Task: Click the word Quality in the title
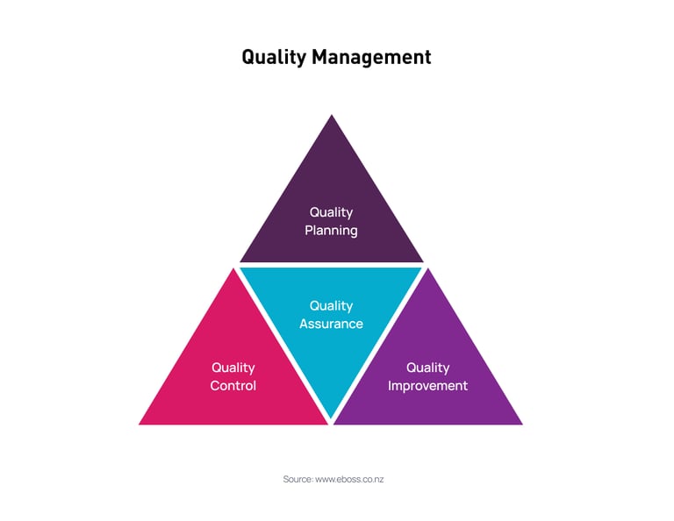273,58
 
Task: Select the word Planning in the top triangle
331,231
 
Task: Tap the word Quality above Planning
331,212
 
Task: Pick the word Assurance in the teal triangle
331,324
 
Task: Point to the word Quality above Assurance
331,305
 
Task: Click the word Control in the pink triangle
233,386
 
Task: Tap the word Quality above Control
233,368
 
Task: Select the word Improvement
428,386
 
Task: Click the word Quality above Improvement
428,368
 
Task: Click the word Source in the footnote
297,480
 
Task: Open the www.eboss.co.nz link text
349,480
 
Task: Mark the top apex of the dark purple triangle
331,115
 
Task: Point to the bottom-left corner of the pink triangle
140,424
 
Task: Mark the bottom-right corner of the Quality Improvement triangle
521,424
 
